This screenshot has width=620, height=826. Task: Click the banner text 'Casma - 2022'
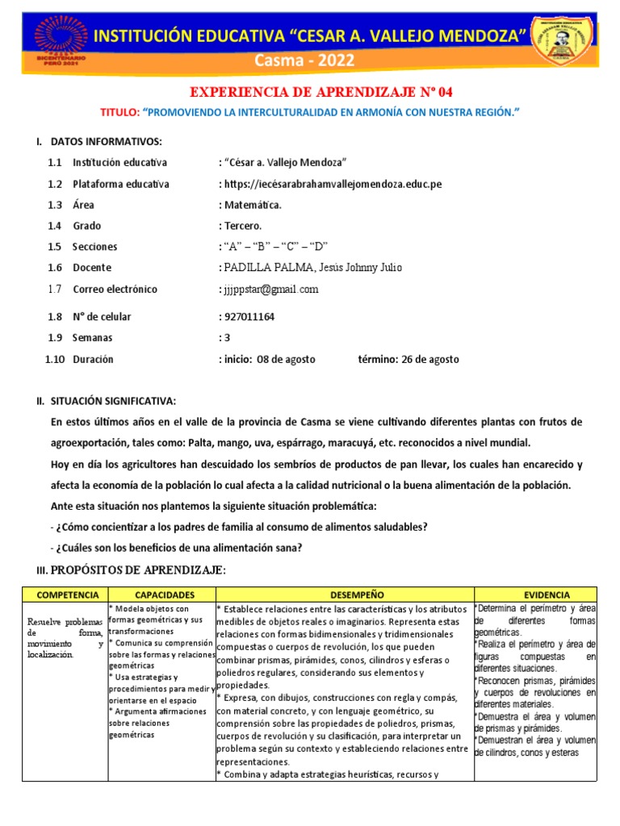pos(310,61)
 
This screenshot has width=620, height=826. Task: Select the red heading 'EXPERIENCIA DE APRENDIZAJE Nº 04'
pos(310,92)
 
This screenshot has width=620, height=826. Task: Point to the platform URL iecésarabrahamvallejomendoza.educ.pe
pos(333,184)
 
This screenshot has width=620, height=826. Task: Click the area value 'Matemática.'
pos(253,205)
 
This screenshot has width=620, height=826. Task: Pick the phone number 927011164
pos(249,317)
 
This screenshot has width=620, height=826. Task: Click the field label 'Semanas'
pos(93,338)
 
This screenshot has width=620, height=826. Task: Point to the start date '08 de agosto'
pos(286,359)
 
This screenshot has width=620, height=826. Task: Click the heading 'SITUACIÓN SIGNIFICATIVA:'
pos(112,401)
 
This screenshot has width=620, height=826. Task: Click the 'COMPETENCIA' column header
pos(62,594)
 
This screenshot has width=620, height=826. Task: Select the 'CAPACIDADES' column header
pos(161,594)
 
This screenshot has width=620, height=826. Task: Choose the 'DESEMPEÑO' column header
pos(345,594)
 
